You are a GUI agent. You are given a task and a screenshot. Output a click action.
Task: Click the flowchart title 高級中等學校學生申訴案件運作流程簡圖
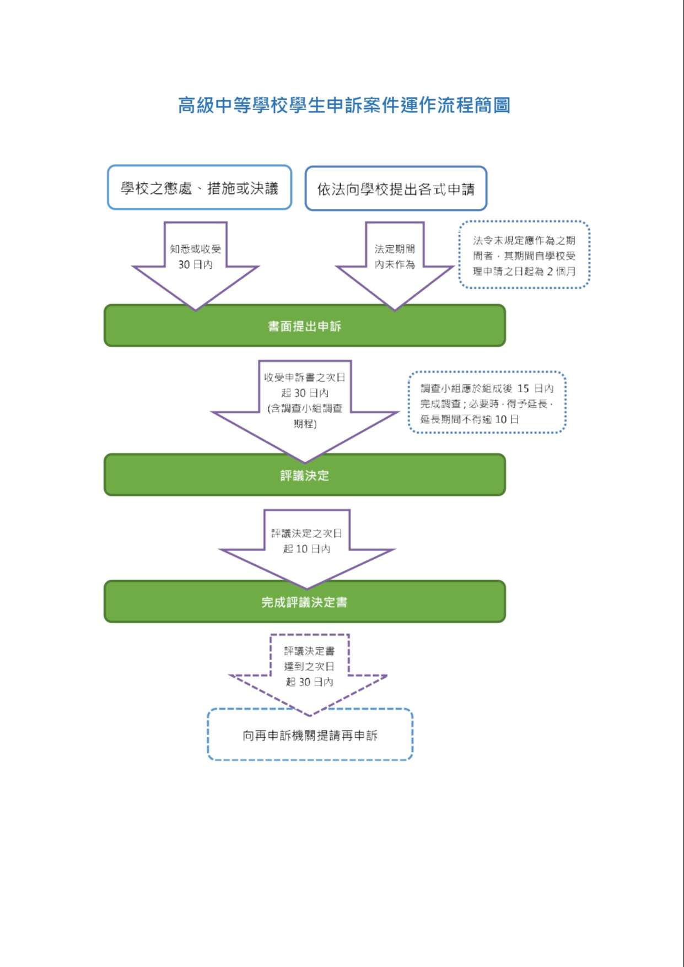pyautogui.click(x=344, y=105)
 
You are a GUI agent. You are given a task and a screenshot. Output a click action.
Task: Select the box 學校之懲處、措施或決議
pyautogui.click(x=200, y=187)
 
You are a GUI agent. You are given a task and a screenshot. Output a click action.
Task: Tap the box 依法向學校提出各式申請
pyautogui.click(x=396, y=188)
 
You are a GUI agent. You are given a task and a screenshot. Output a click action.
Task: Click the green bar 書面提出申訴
pyautogui.click(x=305, y=326)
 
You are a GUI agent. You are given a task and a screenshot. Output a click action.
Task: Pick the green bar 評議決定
pyautogui.click(x=305, y=475)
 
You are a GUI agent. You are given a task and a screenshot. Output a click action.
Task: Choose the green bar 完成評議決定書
pyautogui.click(x=305, y=602)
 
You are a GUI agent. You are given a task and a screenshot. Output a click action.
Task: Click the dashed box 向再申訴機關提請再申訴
pyautogui.click(x=310, y=735)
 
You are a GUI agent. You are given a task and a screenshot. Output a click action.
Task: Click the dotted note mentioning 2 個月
pyautogui.click(x=524, y=255)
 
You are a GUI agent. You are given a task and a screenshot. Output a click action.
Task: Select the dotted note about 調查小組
pyautogui.click(x=487, y=403)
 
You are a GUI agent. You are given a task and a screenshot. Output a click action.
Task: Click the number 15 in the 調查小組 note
pyautogui.click(x=523, y=388)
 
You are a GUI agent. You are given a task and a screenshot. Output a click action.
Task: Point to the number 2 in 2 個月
pyautogui.click(x=550, y=271)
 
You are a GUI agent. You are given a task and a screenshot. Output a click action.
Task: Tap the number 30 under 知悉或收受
pyautogui.click(x=184, y=264)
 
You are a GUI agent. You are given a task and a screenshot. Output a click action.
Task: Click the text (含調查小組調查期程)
pyautogui.click(x=305, y=416)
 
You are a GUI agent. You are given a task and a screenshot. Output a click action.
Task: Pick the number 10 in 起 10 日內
pyautogui.click(x=302, y=549)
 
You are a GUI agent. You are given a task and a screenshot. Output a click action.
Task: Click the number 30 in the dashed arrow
pyautogui.click(x=305, y=682)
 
